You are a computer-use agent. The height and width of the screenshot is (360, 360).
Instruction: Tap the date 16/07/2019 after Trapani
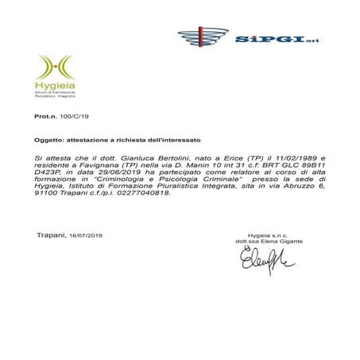(x=86, y=235)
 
